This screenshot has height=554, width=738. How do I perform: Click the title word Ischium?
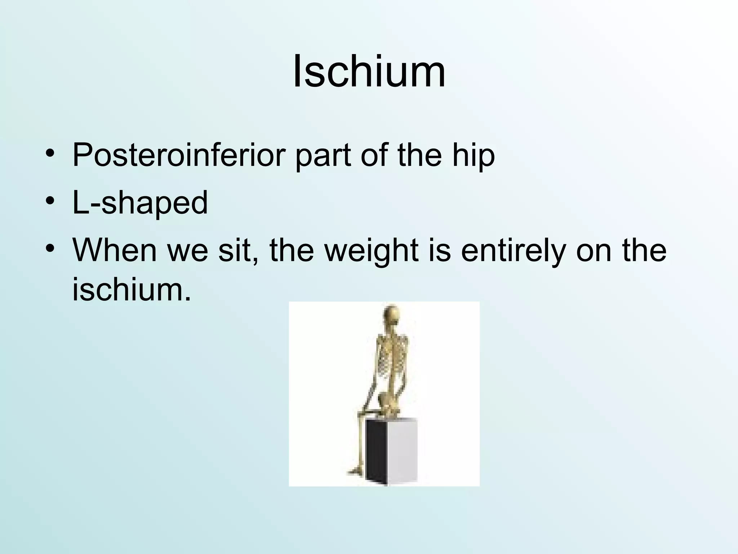click(369, 71)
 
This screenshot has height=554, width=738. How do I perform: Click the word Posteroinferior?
click(179, 155)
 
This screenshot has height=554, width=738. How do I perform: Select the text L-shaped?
click(140, 203)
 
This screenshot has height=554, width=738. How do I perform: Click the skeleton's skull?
click(391, 316)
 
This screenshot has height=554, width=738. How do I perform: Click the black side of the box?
click(377, 451)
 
